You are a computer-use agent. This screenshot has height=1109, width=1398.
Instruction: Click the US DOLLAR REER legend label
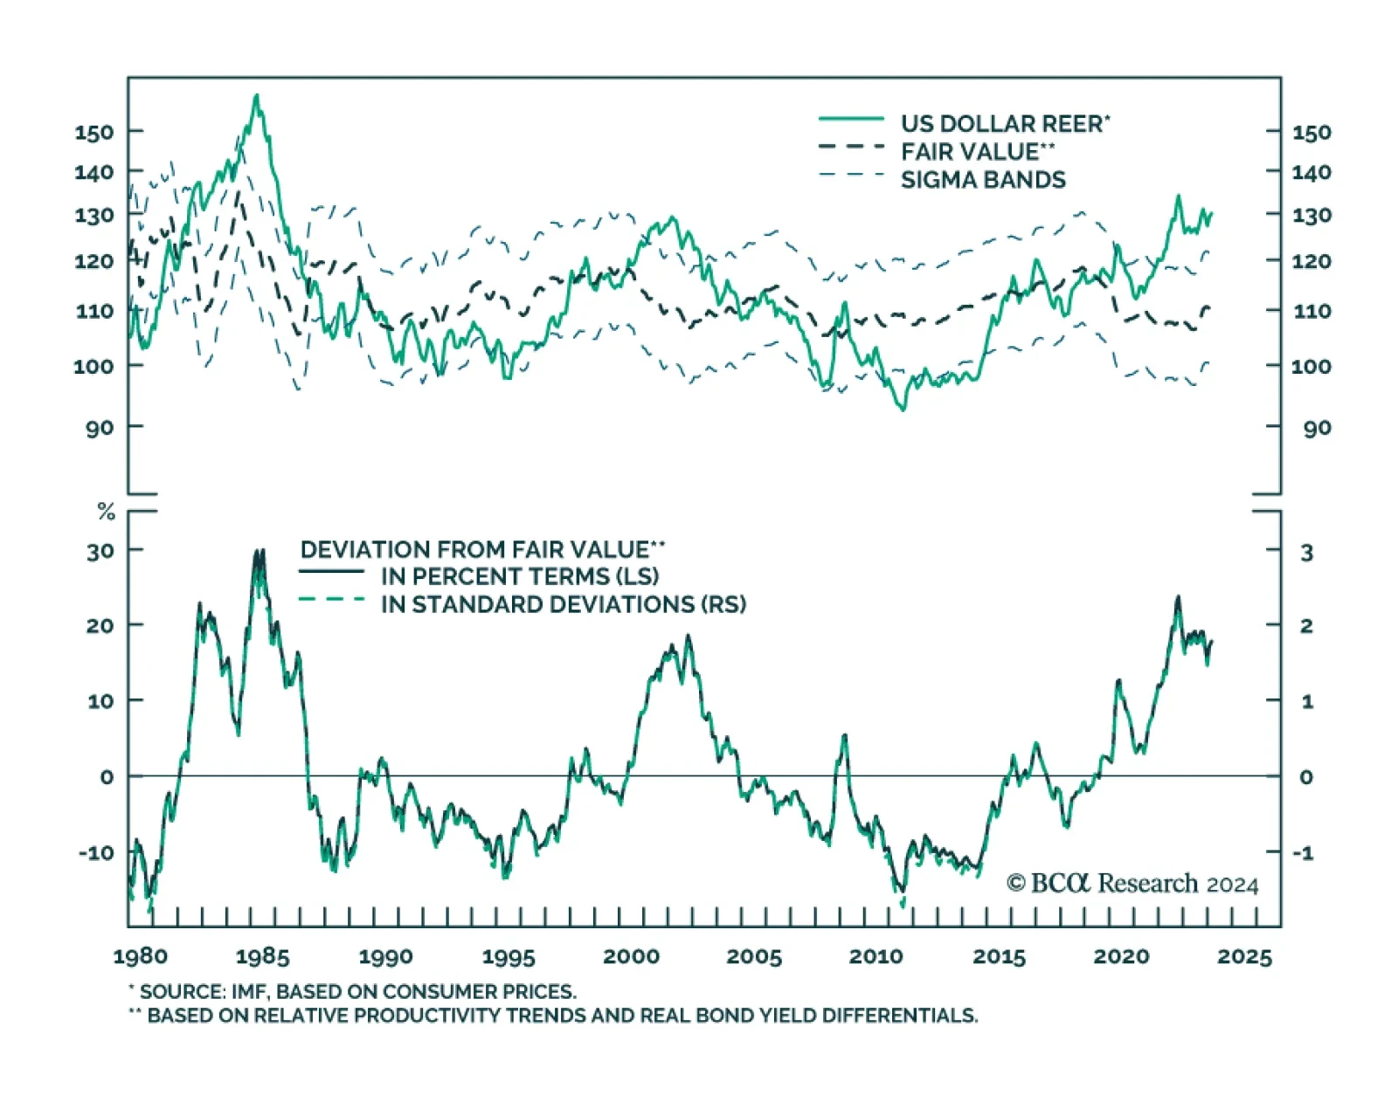point(1005,123)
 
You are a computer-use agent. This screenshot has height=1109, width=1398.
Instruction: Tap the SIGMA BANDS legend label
point(983,180)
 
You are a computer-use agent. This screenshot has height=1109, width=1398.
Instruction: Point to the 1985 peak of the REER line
point(256,95)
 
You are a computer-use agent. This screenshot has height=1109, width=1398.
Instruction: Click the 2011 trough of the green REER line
point(903,408)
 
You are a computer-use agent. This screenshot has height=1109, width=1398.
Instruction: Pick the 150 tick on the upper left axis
point(93,133)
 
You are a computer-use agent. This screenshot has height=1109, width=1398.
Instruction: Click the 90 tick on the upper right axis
point(1317,428)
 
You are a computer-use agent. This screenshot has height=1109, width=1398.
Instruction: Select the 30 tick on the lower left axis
point(100,550)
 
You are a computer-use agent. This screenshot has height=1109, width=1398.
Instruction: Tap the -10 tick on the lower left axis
point(96,852)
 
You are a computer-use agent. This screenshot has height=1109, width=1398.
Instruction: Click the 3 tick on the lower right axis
point(1306,552)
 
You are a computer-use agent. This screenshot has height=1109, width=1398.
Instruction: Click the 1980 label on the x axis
point(140,956)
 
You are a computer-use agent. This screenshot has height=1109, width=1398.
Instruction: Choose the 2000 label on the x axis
point(631,956)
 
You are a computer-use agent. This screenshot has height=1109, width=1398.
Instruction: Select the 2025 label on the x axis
point(1244,956)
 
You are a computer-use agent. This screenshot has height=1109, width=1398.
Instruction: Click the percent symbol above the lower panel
point(107,512)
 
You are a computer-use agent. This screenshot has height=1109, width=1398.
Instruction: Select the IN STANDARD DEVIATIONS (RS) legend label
point(564,604)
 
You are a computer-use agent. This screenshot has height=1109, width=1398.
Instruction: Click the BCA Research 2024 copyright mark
point(1132,884)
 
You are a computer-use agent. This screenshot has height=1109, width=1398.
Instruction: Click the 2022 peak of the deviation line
point(1178,598)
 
